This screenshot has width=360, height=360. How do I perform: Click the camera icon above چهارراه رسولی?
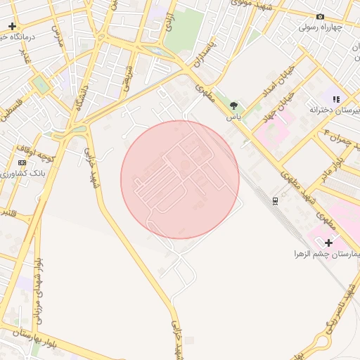click(321, 16)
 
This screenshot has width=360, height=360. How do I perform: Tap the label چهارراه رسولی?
click(320, 27)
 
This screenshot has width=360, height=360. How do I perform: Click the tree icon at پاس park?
click(233, 105)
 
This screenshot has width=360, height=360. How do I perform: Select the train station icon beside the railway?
click(275, 200)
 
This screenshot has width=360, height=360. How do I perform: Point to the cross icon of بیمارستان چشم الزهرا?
click(328, 242)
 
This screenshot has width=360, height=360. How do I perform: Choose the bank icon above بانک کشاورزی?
click(22, 162)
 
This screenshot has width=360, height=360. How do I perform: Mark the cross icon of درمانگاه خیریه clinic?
click(12, 26)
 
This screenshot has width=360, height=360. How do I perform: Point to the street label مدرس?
click(59, 35)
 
